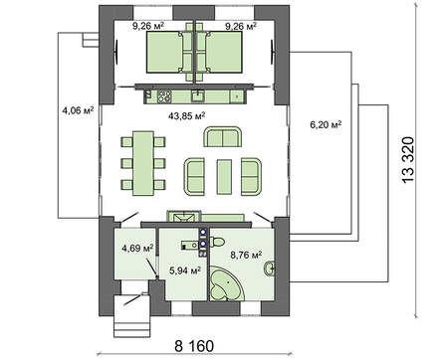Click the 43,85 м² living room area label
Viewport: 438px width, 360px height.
186,116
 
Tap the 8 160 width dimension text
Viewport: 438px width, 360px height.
194,346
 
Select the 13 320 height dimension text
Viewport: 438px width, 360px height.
408,159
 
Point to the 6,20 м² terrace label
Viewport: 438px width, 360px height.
326,124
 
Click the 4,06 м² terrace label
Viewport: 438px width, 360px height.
78,110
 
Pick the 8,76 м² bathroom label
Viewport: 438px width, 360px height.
246,256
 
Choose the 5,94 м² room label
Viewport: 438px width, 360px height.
185,270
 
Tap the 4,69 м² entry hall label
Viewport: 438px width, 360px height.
137,248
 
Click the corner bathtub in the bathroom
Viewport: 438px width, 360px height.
227,284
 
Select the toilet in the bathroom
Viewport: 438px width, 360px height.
216,242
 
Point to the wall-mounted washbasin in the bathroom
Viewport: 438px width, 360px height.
269,269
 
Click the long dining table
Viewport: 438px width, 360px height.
143,163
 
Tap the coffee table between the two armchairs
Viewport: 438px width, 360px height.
224,177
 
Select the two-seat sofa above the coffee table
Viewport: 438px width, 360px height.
223,136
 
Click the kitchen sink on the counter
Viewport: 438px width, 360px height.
198,96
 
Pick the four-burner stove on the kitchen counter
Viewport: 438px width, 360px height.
164,96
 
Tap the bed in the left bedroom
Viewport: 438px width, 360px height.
165,52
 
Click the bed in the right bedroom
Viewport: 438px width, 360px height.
224,52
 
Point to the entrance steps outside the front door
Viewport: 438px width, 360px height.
128,316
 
